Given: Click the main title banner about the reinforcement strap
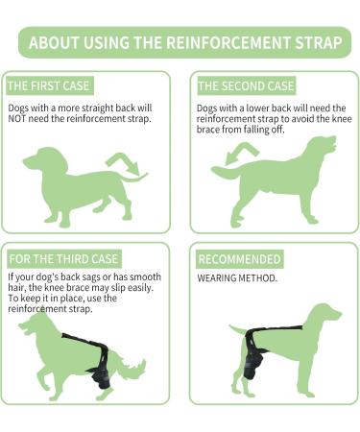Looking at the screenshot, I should coord(180,43).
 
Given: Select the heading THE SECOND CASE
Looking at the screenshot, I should coord(246,85).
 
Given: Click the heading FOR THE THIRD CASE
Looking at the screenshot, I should coord(63,259).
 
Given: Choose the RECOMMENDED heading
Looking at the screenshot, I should coord(240,259).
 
